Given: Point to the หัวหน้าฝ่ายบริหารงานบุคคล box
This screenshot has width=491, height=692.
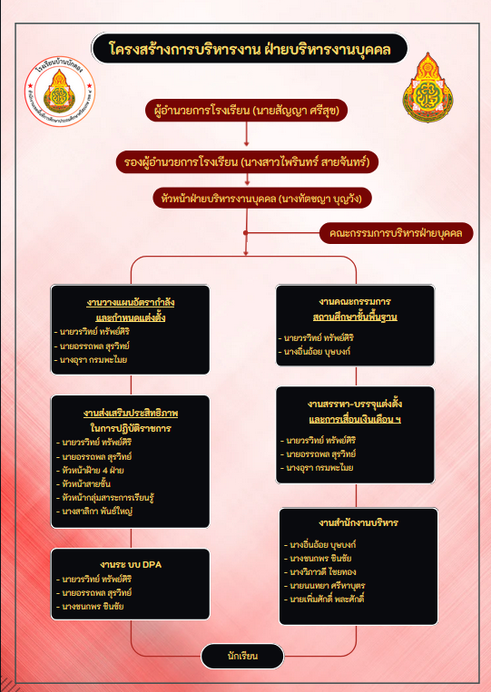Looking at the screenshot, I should (x=249, y=197).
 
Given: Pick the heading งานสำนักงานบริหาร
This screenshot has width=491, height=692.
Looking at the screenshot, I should (x=358, y=523).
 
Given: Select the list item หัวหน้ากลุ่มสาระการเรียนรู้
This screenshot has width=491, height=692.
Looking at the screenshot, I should (x=107, y=499).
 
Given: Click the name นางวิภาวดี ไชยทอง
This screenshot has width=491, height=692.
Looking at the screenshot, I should (x=324, y=572).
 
